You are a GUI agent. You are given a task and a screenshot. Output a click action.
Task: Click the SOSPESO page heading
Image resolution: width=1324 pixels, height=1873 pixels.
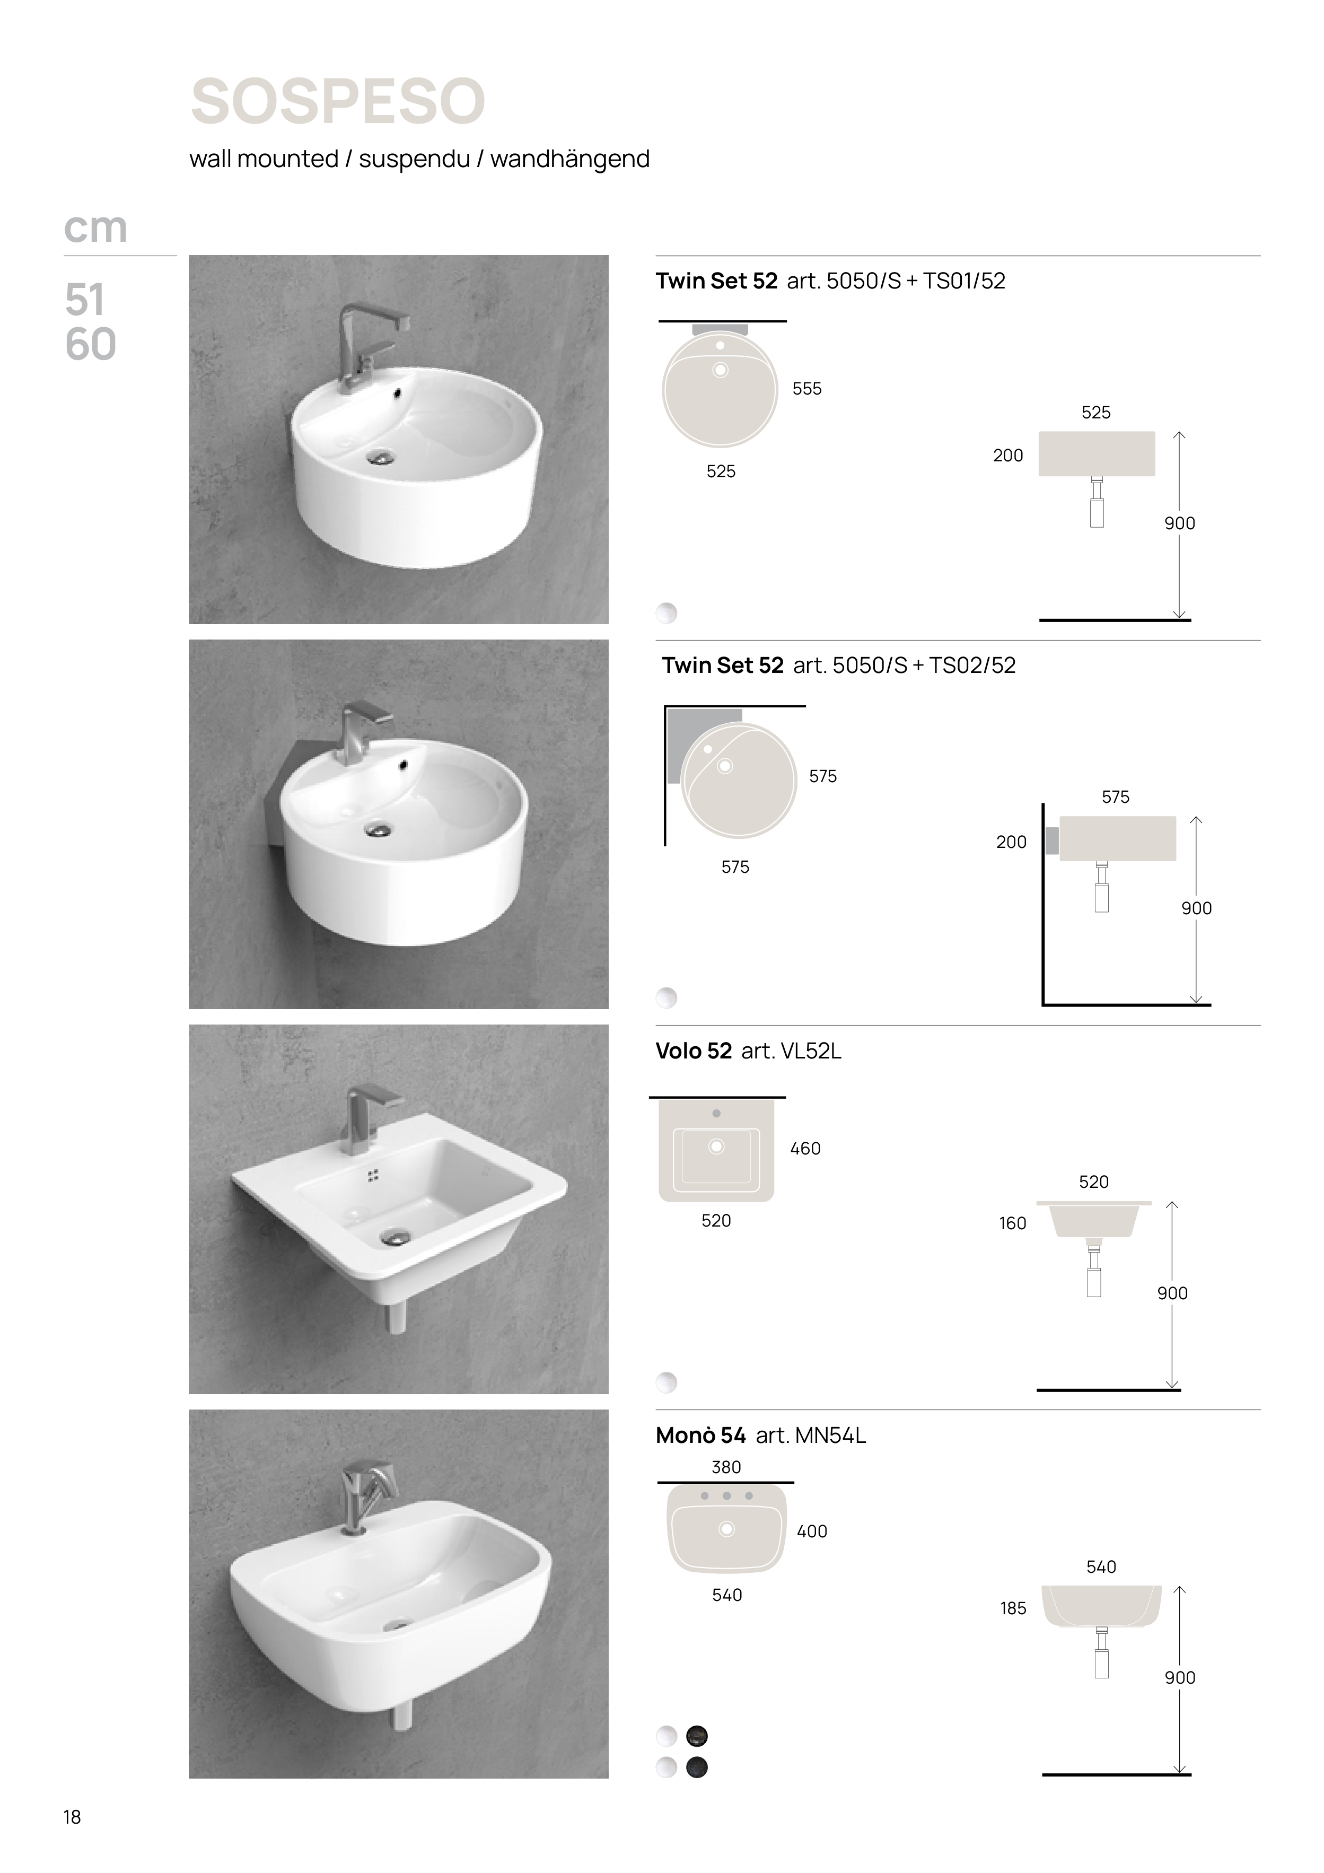338,101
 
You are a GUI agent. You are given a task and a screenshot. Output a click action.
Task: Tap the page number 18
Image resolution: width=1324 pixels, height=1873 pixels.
73,1817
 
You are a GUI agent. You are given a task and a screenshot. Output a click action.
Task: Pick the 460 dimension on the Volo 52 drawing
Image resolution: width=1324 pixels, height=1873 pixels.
805,1149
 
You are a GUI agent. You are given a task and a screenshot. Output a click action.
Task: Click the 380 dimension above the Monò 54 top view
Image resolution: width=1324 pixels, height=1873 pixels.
726,1467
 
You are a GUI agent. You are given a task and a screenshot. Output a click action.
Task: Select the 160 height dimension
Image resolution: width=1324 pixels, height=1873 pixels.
1012,1223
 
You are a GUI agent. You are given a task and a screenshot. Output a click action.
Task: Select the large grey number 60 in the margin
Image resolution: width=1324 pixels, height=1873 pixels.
91,344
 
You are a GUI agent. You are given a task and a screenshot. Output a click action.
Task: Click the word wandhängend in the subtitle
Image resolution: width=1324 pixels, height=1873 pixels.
569,159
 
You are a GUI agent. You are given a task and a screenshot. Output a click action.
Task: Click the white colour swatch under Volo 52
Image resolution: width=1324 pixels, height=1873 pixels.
667,1382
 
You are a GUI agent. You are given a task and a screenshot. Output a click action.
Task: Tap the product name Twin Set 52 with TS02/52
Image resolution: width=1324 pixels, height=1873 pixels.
723,666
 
